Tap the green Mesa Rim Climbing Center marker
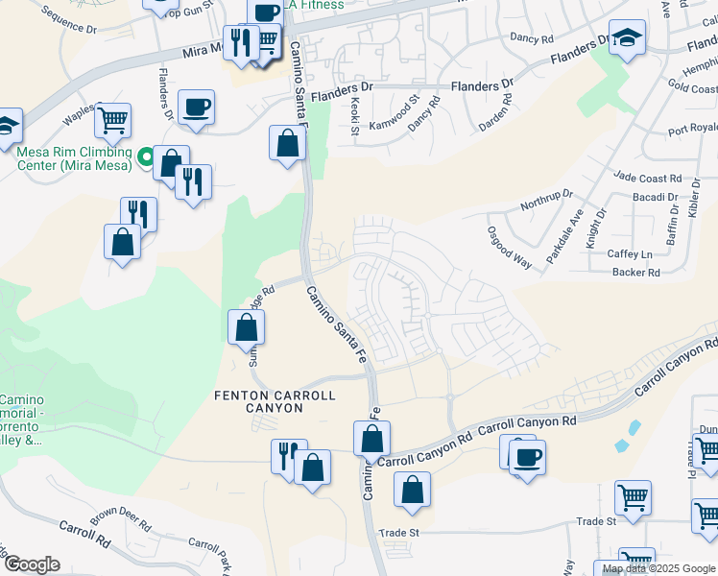[x=146, y=156]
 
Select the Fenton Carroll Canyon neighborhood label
[x=274, y=401]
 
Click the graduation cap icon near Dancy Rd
[x=627, y=37]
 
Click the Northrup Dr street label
[x=544, y=200]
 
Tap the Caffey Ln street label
[x=630, y=254]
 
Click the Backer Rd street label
[x=636, y=273]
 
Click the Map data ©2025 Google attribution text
[x=658, y=568]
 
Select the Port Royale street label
[x=692, y=129]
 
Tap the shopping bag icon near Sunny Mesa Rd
[x=247, y=326]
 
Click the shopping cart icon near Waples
[x=112, y=120]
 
